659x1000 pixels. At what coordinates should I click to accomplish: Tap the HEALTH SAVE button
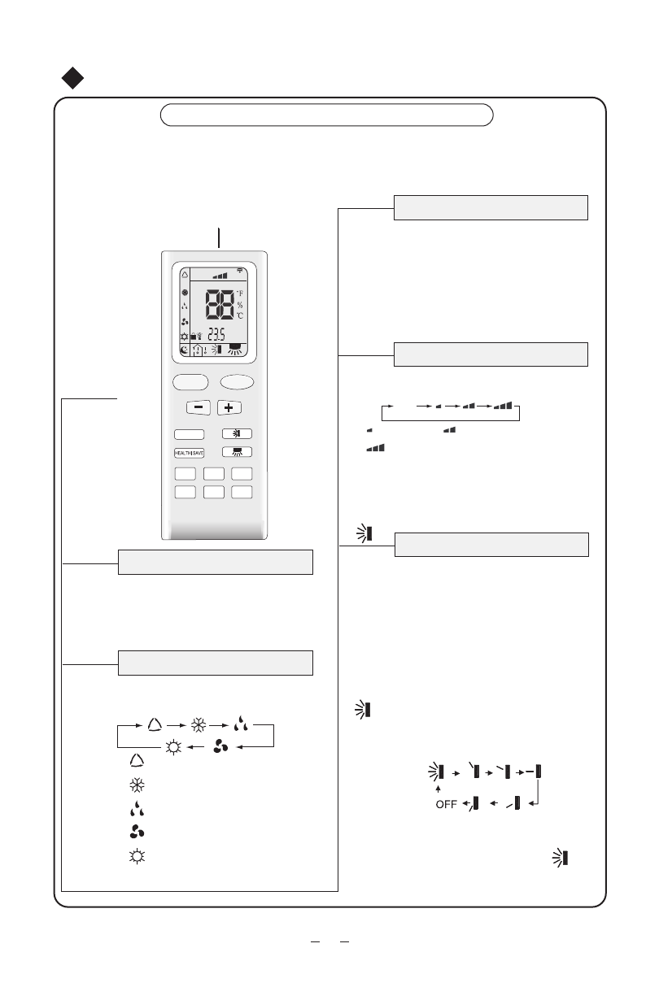(x=189, y=453)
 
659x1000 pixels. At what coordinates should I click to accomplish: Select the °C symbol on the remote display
(x=240, y=315)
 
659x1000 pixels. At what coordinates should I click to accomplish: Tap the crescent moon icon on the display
(x=185, y=350)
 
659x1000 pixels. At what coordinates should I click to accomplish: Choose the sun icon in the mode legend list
(x=136, y=857)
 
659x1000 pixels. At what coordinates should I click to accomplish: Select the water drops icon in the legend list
(x=136, y=809)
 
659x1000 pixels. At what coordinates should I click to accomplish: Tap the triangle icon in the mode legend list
(x=136, y=760)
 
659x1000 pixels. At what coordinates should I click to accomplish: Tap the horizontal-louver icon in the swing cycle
(x=535, y=771)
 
